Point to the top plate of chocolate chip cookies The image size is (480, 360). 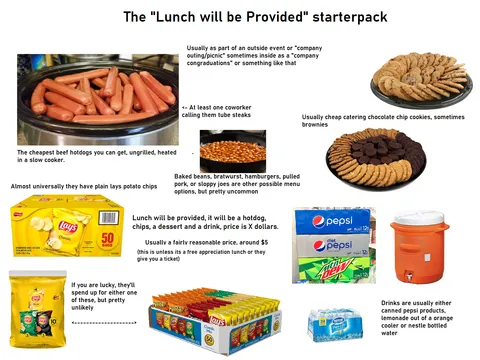(x=419, y=79)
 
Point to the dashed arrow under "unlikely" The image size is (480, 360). (x=105, y=323)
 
